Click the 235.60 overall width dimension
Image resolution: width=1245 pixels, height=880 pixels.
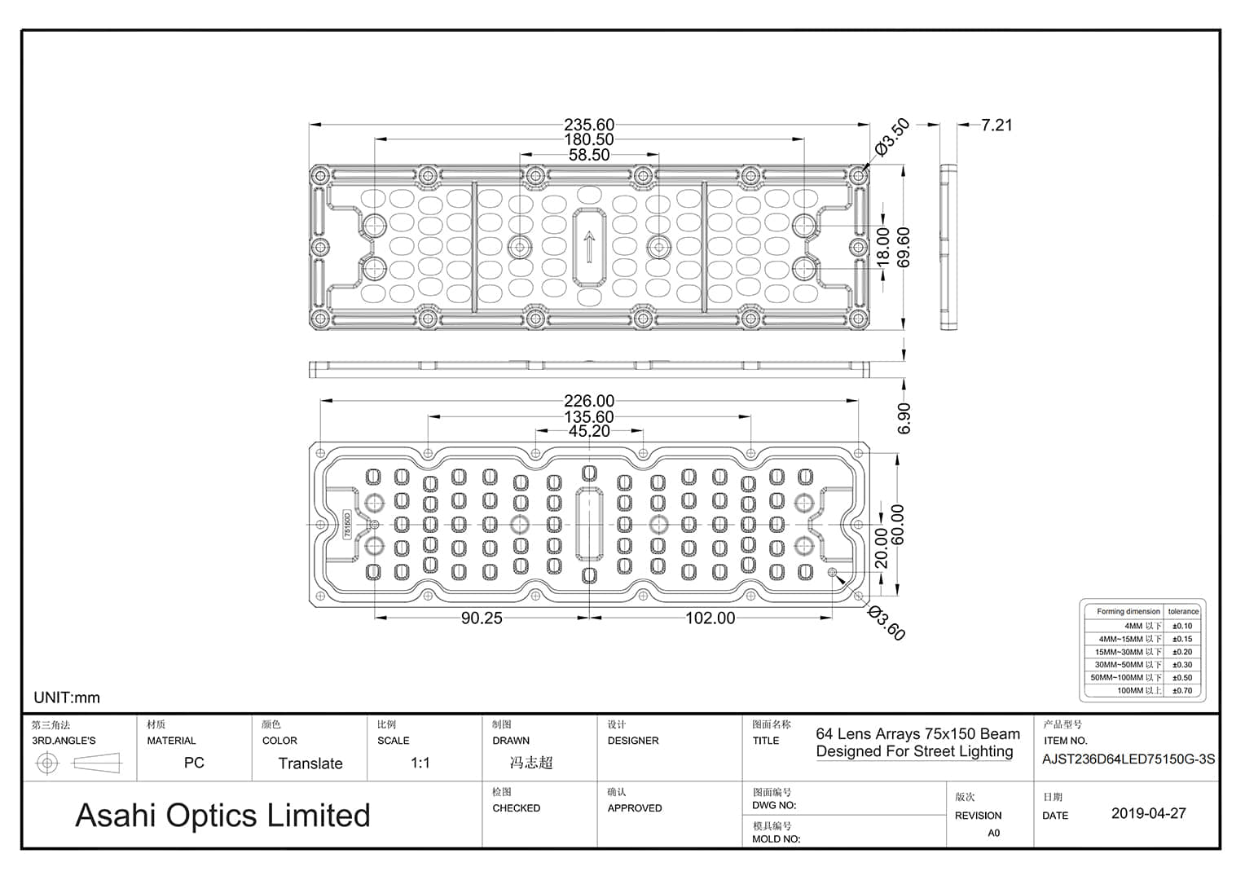pos(589,125)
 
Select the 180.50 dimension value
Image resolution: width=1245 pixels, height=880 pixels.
pos(589,139)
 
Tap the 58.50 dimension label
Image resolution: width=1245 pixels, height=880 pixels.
pos(589,155)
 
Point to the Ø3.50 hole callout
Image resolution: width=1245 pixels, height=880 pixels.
pos(892,137)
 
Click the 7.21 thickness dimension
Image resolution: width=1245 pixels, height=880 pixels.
pos(996,125)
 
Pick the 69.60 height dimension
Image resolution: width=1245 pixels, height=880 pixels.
pos(904,247)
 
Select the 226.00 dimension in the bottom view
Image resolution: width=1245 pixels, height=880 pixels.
pos(589,401)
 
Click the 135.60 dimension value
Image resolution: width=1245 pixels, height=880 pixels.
pos(589,416)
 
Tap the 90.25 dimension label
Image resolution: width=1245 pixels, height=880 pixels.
pos(482,618)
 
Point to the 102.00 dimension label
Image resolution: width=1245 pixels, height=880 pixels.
pos(710,618)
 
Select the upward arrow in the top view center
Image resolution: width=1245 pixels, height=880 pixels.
pos(589,247)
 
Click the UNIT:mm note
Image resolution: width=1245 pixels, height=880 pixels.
pos(67,697)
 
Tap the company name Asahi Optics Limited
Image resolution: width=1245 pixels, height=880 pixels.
pos(222,815)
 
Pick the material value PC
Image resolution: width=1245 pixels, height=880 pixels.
pos(194,763)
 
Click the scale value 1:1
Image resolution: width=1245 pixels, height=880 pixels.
pos(420,763)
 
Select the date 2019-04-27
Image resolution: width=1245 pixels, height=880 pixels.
pos(1148,813)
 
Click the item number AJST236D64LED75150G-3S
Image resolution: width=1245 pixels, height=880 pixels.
pos(1128,759)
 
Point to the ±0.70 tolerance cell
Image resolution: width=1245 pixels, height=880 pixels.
pos(1182,691)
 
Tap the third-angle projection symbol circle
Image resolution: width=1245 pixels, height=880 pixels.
pos(48,763)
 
